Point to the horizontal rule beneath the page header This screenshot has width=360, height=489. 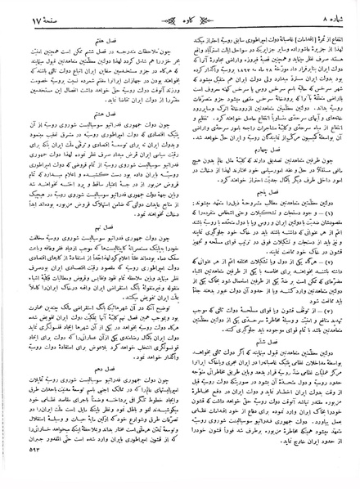(x=180, y=27)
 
